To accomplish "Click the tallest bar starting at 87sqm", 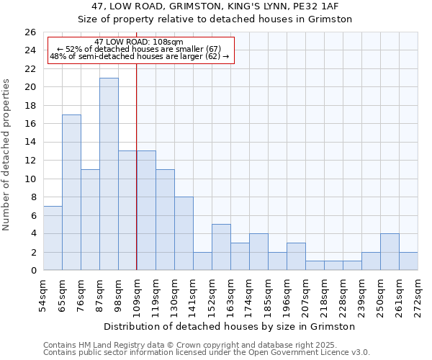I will tap(109, 174).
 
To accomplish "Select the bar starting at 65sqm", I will tap(71, 192).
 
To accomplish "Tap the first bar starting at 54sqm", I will tap(53, 238).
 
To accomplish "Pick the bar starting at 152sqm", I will tap(221, 247).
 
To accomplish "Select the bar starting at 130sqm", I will tap(184, 233).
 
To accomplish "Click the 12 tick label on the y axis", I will tap(30, 161).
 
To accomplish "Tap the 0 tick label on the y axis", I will tap(32, 271).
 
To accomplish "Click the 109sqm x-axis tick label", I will tap(137, 294).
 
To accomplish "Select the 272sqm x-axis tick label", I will tap(418, 294).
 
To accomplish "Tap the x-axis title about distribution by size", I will tap(230, 326).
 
